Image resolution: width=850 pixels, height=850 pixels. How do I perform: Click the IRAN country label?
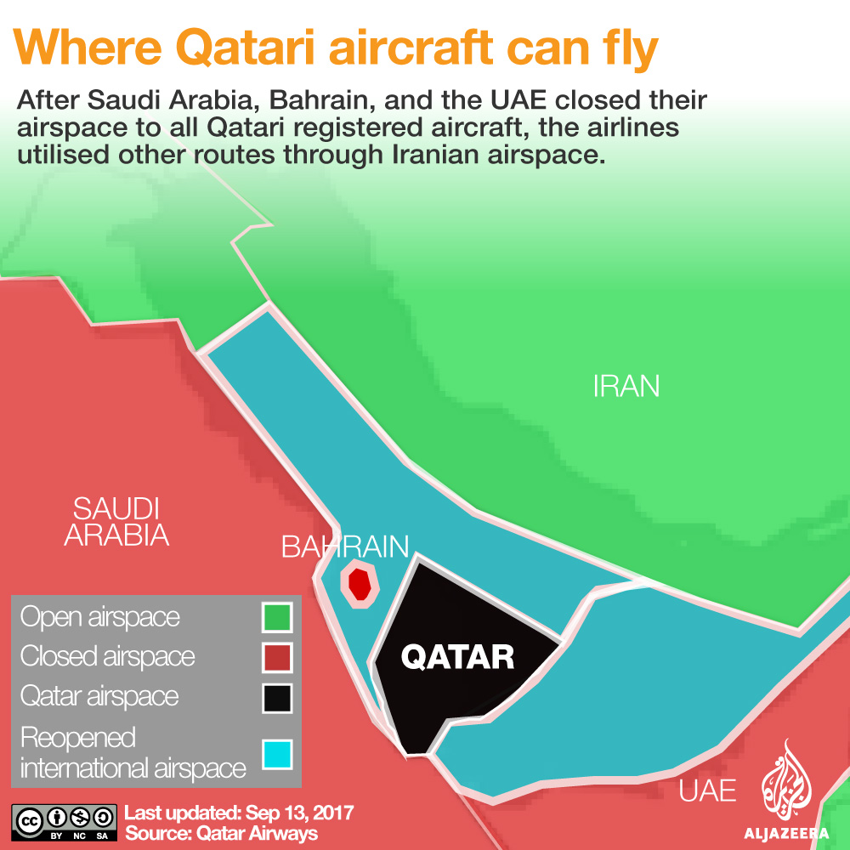tap(626, 386)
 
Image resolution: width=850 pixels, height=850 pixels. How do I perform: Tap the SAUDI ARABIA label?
tap(116, 522)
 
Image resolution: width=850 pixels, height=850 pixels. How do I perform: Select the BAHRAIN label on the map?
tap(345, 547)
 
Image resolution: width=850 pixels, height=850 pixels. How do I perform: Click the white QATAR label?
tap(457, 657)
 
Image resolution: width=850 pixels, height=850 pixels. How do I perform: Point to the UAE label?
tap(707, 790)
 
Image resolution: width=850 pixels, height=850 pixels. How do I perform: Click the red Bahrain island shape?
tap(360, 585)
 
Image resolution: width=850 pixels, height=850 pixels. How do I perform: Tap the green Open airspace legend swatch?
tap(277, 617)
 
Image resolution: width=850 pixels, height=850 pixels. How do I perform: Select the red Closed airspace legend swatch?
tap(277, 657)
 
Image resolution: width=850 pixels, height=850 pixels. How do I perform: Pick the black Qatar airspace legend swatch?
tap(277, 698)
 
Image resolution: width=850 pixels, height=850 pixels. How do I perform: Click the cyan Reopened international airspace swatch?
tap(277, 754)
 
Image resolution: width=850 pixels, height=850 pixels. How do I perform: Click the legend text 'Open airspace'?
tap(99, 618)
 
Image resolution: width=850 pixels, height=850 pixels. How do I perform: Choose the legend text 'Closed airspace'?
tap(107, 657)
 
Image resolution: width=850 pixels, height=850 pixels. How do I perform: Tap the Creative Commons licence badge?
tap(64, 822)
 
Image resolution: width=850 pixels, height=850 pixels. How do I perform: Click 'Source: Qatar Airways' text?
tap(221, 833)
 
